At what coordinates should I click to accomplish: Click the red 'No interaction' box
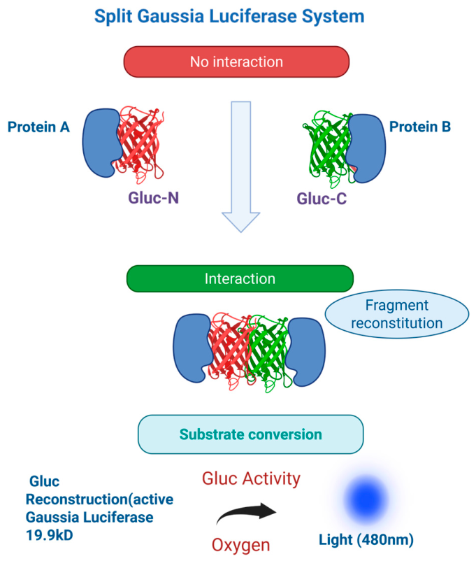[236, 62]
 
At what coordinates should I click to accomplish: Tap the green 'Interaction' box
[240, 278]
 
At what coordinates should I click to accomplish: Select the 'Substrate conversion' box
[251, 434]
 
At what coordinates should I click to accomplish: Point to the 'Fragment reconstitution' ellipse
[397, 314]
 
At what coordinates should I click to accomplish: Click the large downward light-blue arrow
[240, 166]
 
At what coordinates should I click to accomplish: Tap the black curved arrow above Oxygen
[247, 513]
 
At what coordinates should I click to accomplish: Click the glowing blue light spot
[366, 499]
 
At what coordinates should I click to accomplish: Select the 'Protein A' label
[38, 127]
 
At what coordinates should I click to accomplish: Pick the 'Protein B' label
[420, 127]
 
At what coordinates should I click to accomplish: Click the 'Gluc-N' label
[153, 198]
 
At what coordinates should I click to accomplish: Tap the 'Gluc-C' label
[322, 199]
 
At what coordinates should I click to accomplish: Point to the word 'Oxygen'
[240, 545]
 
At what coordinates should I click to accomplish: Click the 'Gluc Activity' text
[251, 478]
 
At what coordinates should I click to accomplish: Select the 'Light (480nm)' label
[366, 540]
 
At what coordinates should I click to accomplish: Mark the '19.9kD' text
[50, 535]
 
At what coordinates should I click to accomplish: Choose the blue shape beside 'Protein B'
[366, 148]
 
